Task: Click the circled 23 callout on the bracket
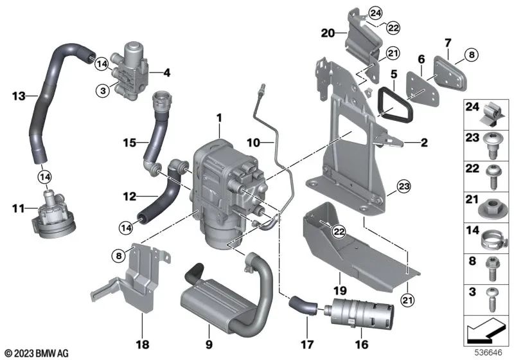(403, 188)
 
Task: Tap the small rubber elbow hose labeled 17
(302, 305)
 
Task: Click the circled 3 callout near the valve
(102, 91)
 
